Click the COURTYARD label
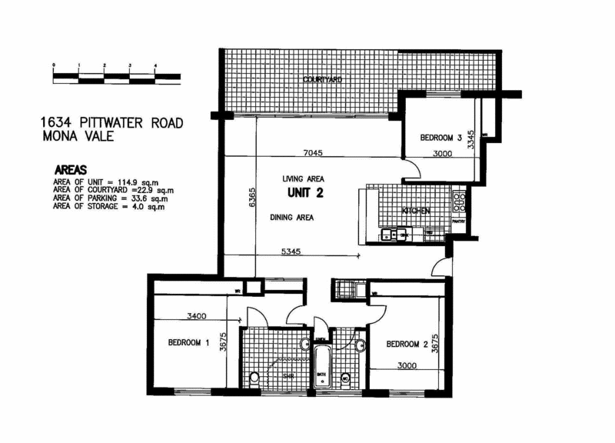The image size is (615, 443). point(322,79)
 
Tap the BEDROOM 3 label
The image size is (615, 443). point(440,138)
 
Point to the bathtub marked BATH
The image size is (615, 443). point(321,367)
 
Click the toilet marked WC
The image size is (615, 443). point(345,378)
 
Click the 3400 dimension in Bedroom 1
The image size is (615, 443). point(189,315)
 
